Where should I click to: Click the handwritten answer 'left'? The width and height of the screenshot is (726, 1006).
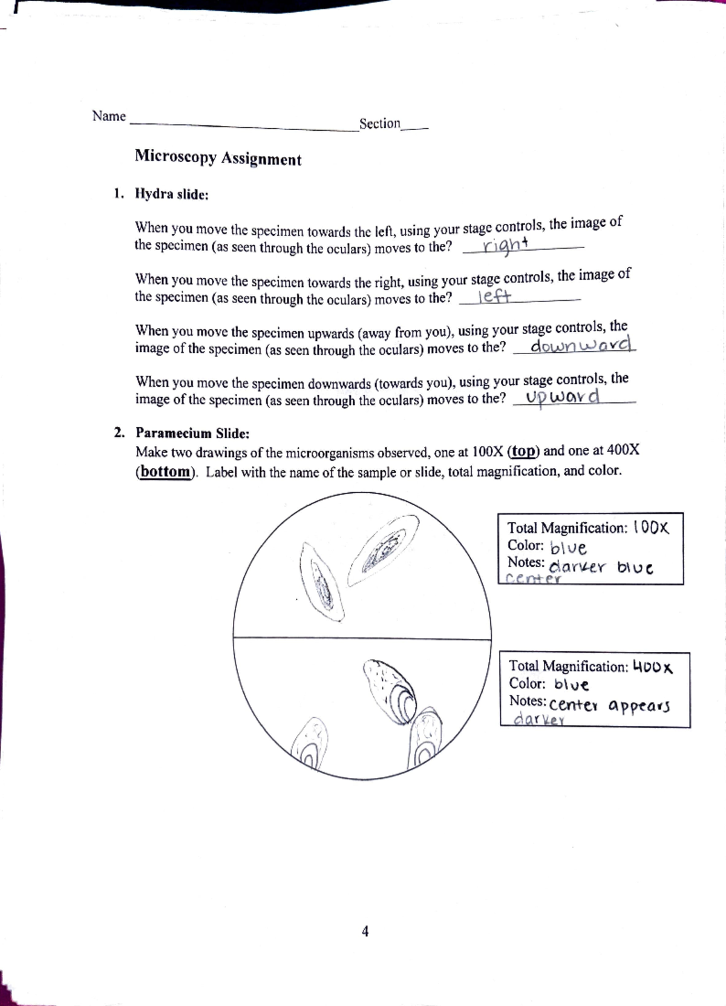tap(494, 297)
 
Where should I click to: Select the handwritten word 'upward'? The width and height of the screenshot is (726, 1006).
tap(563, 396)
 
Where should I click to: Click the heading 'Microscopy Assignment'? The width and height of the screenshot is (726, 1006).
tap(218, 158)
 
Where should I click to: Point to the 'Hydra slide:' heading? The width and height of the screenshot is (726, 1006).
tap(172, 194)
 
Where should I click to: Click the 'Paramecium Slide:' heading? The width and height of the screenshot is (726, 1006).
tap(192, 433)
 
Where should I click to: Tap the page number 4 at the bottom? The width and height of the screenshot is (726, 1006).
tap(365, 931)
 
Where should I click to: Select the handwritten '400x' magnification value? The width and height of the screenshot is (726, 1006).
tap(653, 667)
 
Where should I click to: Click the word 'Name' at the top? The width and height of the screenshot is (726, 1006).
tap(109, 116)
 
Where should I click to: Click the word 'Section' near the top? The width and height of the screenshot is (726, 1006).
tap(379, 123)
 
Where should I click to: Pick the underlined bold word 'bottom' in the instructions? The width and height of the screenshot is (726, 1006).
tap(165, 472)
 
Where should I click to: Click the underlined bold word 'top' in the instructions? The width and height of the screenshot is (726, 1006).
tap(524, 452)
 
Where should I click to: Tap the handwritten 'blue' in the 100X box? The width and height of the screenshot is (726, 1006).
tap(568, 548)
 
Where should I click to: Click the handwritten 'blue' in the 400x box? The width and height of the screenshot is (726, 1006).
tap(571, 685)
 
